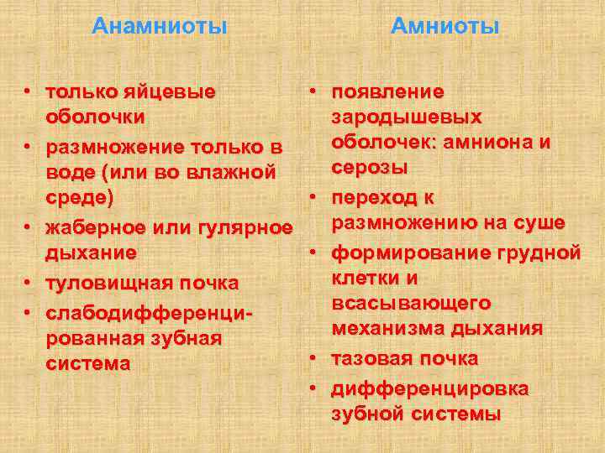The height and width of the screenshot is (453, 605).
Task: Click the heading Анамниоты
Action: click(160, 27)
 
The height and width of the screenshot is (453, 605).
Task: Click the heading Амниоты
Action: click(445, 27)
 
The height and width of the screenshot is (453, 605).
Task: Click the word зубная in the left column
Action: click(187, 338)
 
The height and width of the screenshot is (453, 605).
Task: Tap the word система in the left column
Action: click(88, 364)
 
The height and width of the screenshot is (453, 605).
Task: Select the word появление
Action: click(388, 91)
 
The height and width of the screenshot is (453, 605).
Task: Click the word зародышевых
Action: click(407, 117)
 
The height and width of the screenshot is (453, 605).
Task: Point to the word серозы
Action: click(371, 168)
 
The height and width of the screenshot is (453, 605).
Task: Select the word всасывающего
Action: click(412, 303)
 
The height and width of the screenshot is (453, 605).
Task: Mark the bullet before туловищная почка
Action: click(28, 284)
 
